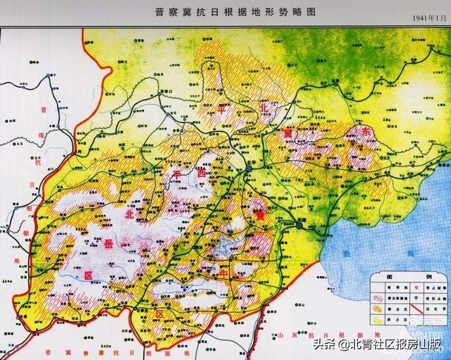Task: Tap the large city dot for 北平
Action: [x=248, y=171]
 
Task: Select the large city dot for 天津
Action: [x=299, y=225]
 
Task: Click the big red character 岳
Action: [x=108, y=243]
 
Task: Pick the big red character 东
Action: [x=363, y=132]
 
